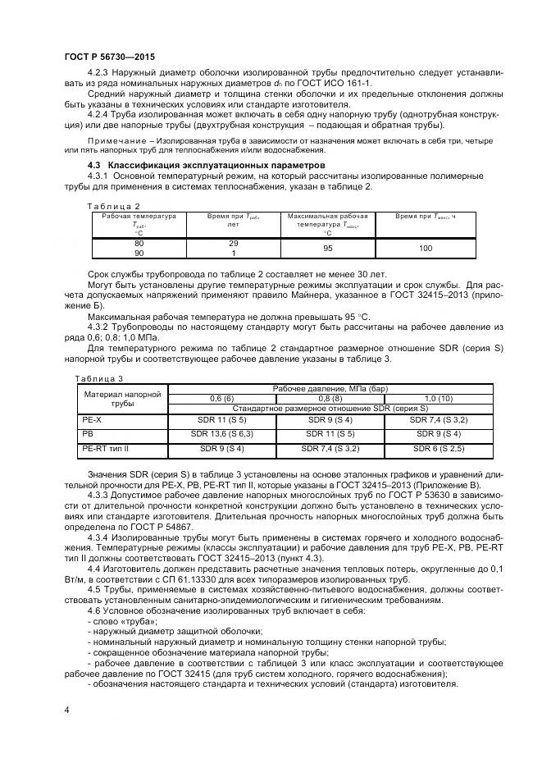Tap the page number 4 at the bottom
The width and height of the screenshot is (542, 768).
66,708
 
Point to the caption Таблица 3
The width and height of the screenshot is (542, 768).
99,378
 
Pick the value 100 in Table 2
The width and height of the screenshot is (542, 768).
425,249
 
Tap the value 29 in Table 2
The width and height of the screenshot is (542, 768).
233,245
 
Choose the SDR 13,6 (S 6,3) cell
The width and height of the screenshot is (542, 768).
221,432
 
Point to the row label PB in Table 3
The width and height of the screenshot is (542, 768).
89,432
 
